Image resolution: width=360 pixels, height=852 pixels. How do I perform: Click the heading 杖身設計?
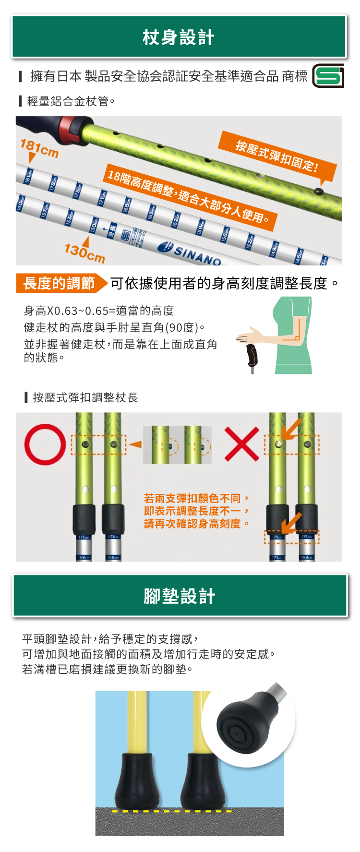(179, 37)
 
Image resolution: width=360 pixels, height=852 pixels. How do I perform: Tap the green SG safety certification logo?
(328, 76)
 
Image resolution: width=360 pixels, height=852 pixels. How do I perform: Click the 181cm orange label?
(39, 148)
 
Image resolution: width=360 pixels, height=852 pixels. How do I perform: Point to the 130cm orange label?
(84, 253)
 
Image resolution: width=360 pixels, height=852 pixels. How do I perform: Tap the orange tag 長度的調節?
(60, 283)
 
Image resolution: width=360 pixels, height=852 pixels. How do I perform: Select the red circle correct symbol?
(45, 444)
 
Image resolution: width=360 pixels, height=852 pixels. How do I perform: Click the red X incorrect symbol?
(242, 444)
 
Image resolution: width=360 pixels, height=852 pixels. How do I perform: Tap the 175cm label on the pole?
(277, 537)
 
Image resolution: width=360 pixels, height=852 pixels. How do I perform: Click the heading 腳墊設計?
(180, 596)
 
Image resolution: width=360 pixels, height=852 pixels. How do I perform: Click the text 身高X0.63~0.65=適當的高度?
(99, 311)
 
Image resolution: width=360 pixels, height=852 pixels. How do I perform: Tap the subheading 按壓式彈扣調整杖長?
(85, 397)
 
